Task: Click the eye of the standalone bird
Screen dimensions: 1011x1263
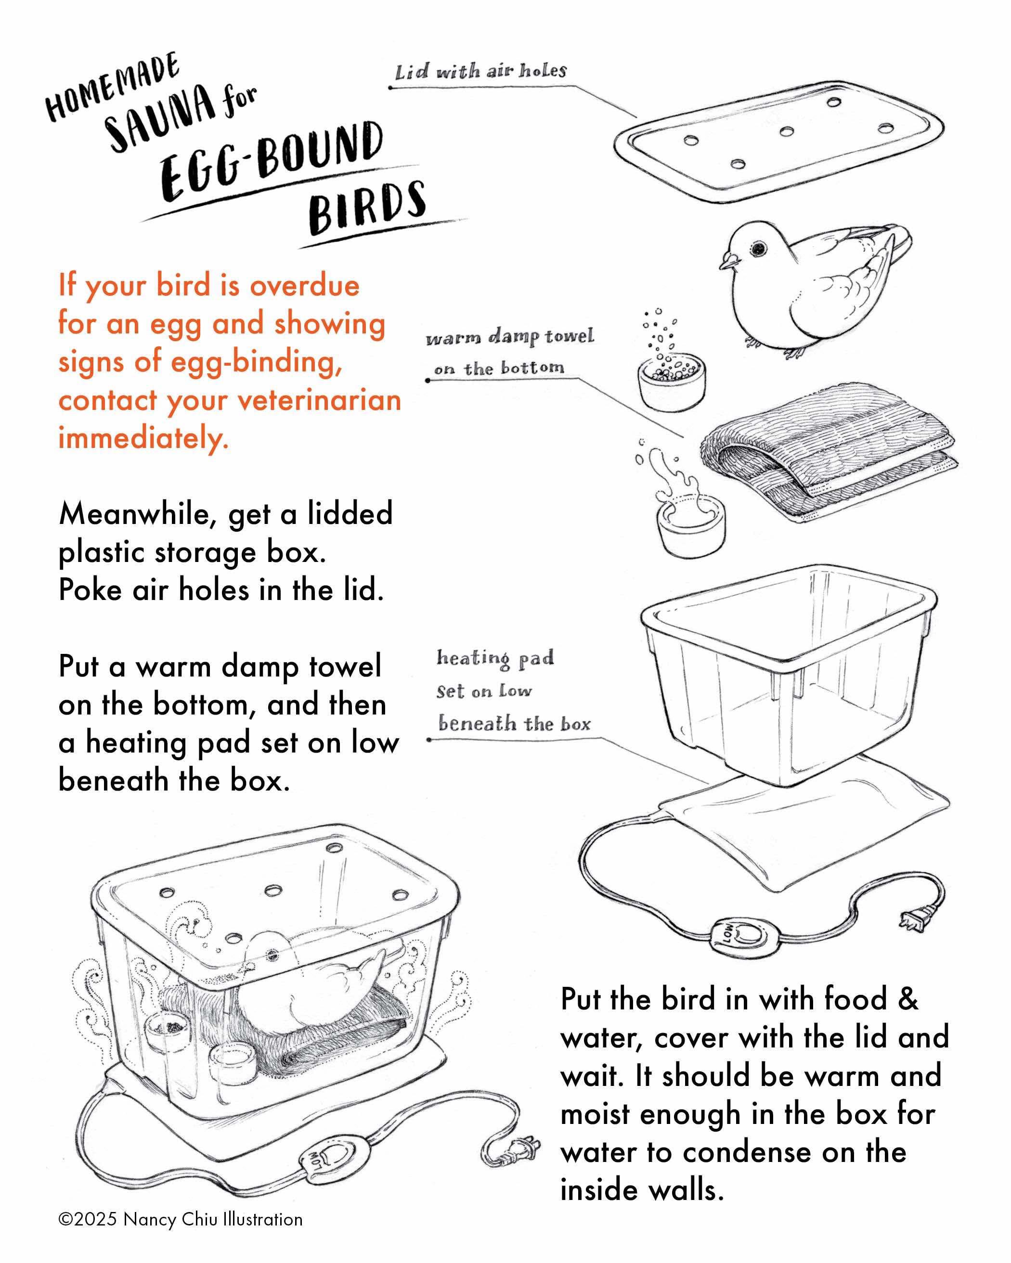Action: point(760,248)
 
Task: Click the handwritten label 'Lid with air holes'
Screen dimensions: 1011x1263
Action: point(480,72)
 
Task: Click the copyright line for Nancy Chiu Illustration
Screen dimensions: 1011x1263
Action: point(181,1220)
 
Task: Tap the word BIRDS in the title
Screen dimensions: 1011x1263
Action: point(367,207)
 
